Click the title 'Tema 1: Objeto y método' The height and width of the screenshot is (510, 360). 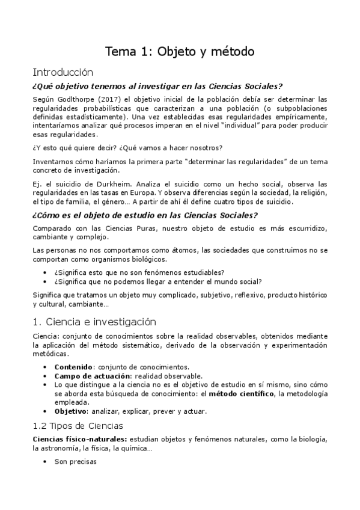pyautogui.click(x=180, y=52)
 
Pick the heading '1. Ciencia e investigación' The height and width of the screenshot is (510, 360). pyautogui.click(x=94, y=321)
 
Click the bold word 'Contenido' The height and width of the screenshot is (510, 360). pyautogui.click(x=73, y=366)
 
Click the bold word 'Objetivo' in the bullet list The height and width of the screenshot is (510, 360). pyautogui.click(x=70, y=411)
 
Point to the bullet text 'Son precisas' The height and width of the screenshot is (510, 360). pyautogui.click(x=75, y=462)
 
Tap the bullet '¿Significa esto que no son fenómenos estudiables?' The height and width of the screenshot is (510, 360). pyautogui.click(x=139, y=272)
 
